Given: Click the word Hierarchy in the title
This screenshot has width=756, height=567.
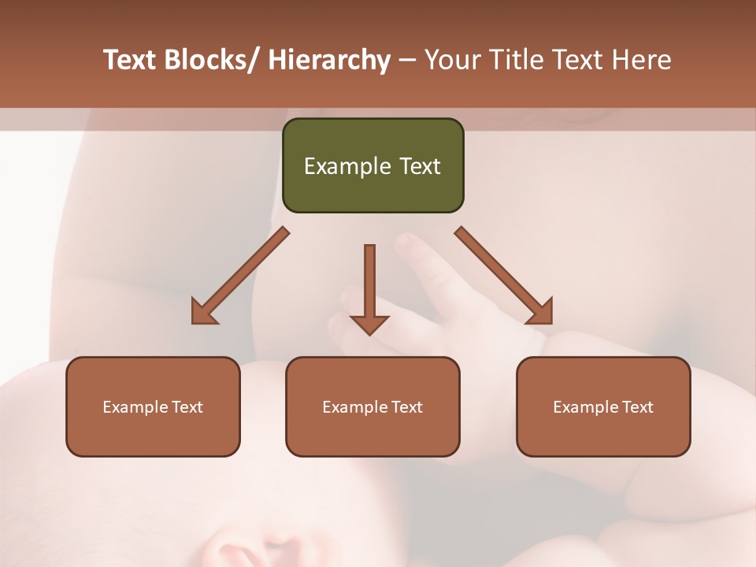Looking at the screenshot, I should pyautogui.click(x=329, y=60).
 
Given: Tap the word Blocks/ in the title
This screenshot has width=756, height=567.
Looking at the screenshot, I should pyautogui.click(x=213, y=60).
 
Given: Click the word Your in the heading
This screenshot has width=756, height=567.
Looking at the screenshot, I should pyautogui.click(x=453, y=60).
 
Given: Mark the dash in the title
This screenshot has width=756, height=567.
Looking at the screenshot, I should pyautogui.click(x=407, y=61).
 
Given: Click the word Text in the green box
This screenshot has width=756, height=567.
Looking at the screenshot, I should pyautogui.click(x=418, y=167).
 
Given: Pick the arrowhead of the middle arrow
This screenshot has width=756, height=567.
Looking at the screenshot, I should pyautogui.click(x=369, y=324).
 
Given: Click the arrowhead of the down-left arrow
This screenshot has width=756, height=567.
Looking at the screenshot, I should pyautogui.click(x=204, y=312).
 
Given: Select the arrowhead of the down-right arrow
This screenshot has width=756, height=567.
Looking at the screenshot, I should pyautogui.click(x=539, y=311).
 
